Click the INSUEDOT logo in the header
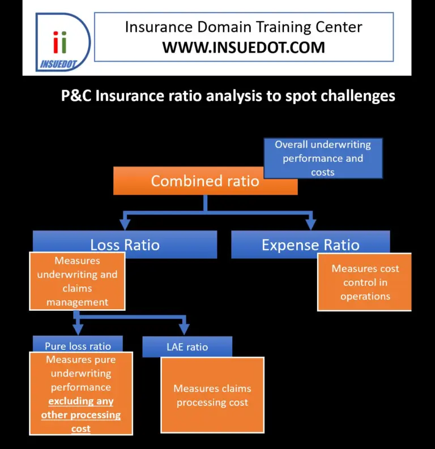pos(62,42)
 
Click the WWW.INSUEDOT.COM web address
pos(244,48)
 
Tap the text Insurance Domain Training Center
pos(244,27)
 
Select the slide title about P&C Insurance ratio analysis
pos(228,96)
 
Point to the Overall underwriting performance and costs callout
pos(323,158)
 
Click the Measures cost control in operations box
pos(365,282)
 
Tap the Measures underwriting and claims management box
pos(78,281)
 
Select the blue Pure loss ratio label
pos(78,345)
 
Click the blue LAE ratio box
pos(187,347)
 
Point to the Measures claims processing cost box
pos(212,395)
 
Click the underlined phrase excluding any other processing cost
pos(80,415)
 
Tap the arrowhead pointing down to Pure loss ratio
pos(78,329)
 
